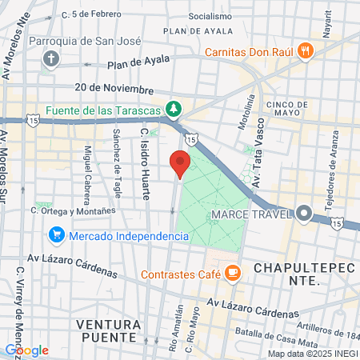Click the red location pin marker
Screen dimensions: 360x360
click(x=181, y=163)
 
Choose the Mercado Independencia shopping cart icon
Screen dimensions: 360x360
click(x=56, y=235)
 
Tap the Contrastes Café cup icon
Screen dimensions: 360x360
click(x=232, y=274)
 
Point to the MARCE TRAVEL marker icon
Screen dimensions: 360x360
click(x=304, y=214)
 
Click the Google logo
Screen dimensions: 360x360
click(x=26, y=350)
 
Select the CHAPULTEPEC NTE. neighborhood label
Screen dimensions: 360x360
click(x=287, y=274)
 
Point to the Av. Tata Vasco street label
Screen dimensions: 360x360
click(x=259, y=145)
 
